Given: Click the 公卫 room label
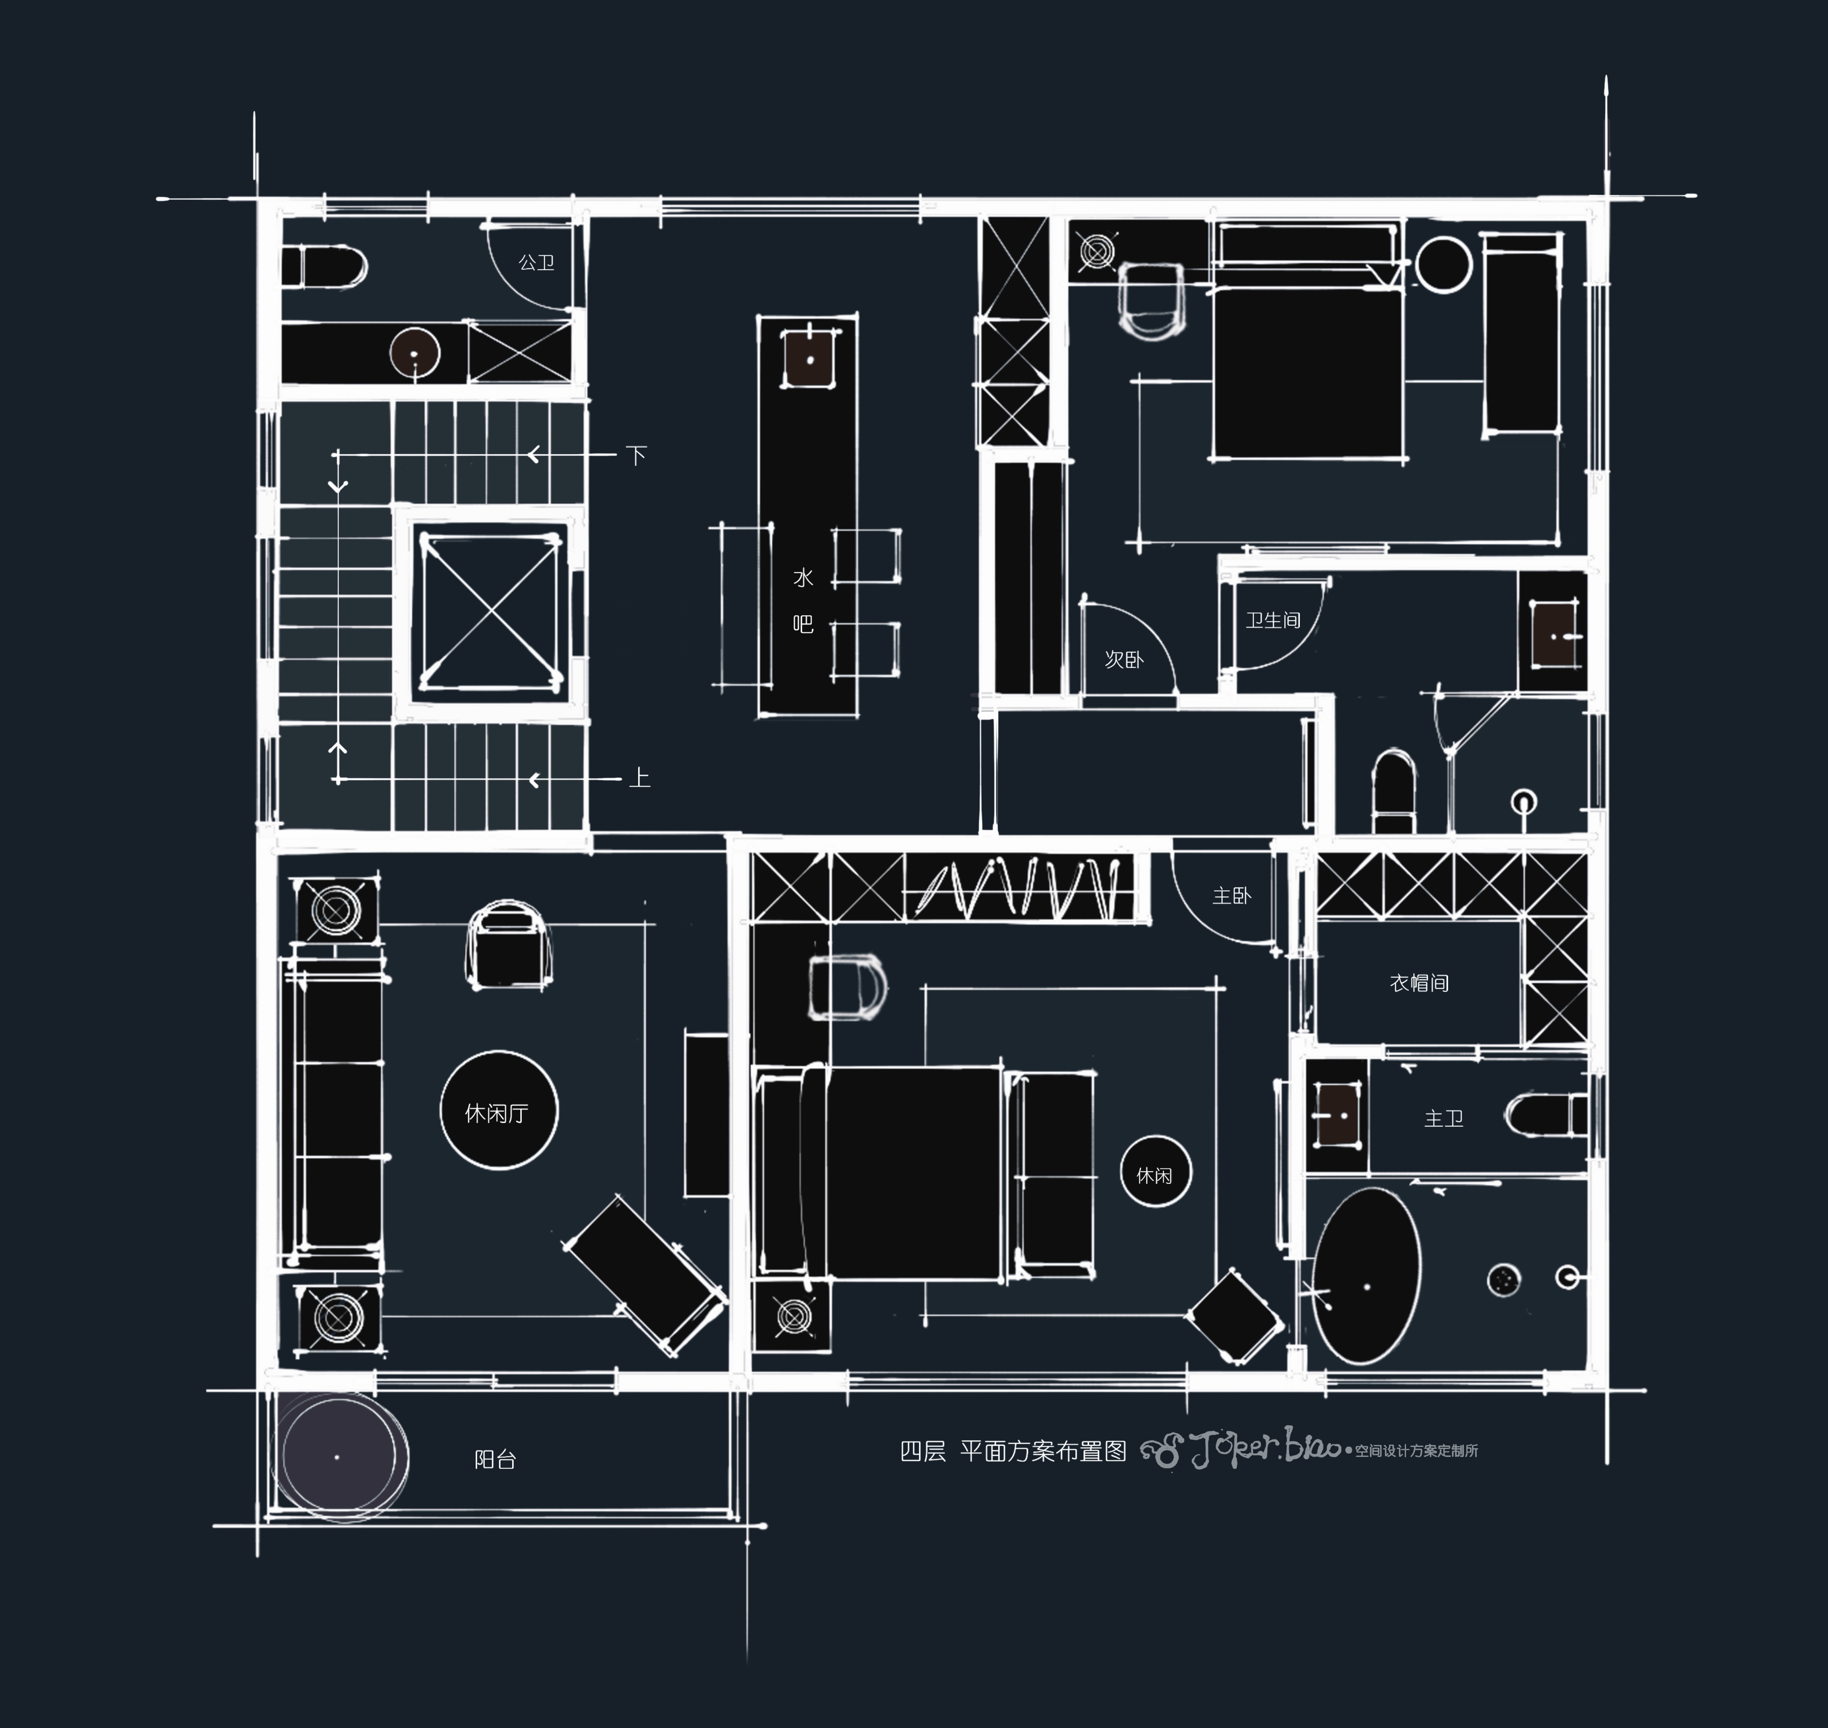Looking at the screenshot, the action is [536, 263].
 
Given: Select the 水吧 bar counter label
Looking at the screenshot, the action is [803, 601].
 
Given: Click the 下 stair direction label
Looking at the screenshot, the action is [636, 455].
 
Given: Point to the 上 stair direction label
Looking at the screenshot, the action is [639, 778].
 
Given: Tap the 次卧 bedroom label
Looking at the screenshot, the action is [1123, 659].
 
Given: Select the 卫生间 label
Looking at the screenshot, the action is [1274, 620].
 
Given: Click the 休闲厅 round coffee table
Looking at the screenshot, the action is [498, 1110].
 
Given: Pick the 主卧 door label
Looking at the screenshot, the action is [1231, 895].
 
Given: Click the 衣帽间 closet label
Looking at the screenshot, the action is [1419, 983].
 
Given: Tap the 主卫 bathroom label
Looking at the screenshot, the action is [1443, 1118].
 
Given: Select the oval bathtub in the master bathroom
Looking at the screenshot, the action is [1366, 1275].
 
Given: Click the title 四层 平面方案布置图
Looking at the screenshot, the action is [1013, 1451].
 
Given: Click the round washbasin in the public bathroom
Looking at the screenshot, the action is [414, 352].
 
